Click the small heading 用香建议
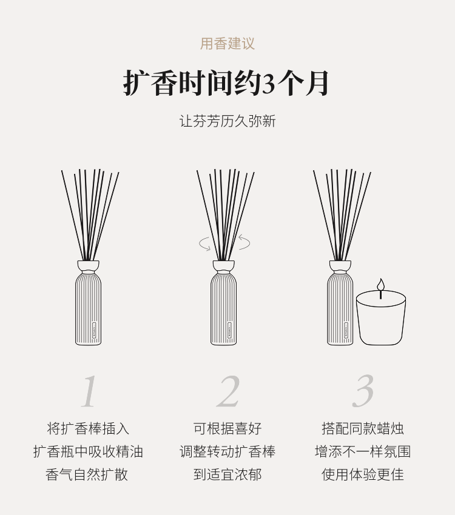point(227,44)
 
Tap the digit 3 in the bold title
point(269,84)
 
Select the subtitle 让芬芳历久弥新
point(227,121)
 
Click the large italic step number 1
point(89,391)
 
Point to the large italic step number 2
point(228,391)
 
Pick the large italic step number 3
point(363,391)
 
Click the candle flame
point(381,284)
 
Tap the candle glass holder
point(381,317)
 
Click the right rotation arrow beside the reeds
point(244,242)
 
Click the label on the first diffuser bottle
point(95,330)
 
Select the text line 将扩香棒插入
point(88,428)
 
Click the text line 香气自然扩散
point(87,474)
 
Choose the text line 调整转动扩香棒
point(227,451)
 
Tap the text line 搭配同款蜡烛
point(363,428)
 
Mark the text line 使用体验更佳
point(363,474)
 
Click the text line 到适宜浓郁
point(227,474)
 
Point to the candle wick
point(381,294)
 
